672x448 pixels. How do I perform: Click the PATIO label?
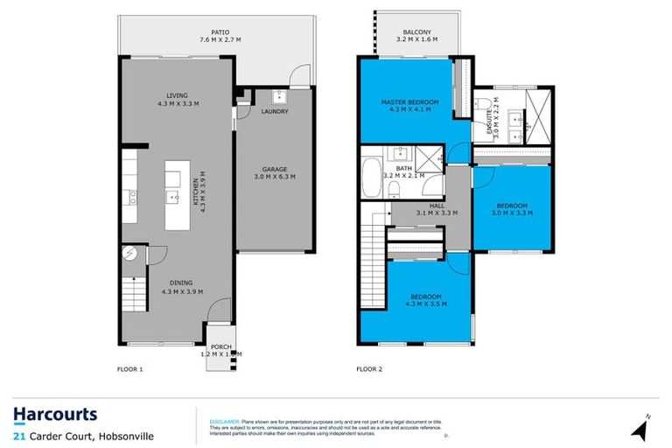tap(183, 31)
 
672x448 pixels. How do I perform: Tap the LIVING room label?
tap(178, 96)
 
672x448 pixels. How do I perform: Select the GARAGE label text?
tap(275, 169)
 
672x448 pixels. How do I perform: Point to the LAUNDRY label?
tap(275, 112)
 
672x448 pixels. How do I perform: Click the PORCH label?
tap(221, 346)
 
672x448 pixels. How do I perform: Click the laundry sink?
tap(280, 95)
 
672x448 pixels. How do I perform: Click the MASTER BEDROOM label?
tap(409, 102)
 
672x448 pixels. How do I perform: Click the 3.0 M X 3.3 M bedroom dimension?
tap(510, 213)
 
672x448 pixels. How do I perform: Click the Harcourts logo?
tap(54, 414)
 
